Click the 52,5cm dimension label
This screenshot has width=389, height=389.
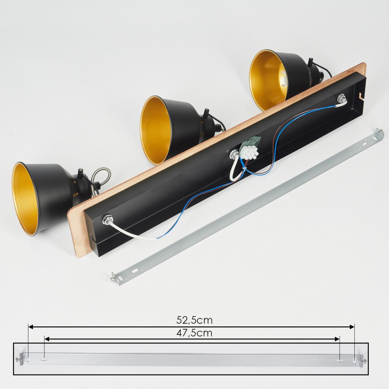[194, 320]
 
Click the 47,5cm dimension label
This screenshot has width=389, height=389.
[194, 333]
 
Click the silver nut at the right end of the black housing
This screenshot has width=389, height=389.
[341, 98]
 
